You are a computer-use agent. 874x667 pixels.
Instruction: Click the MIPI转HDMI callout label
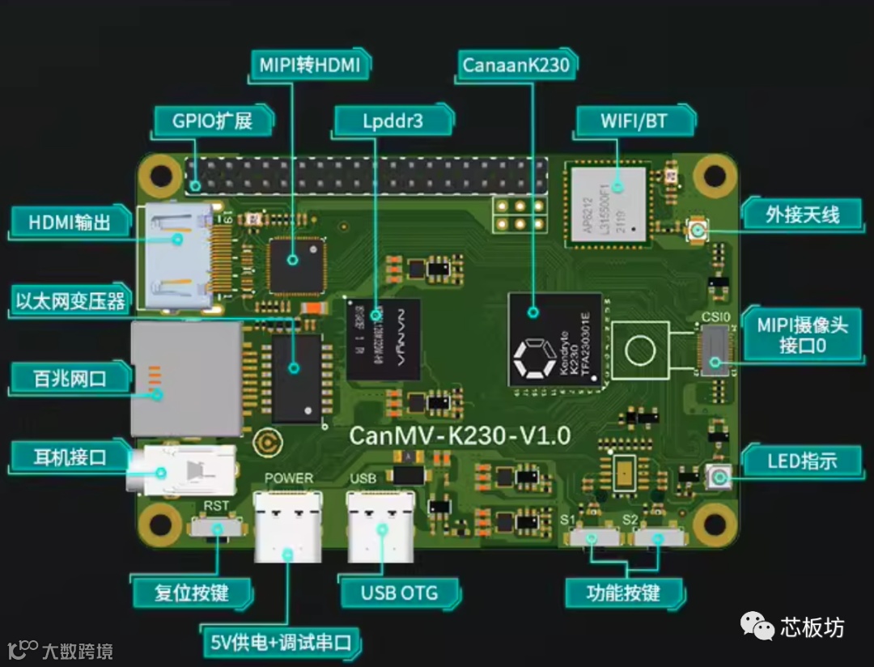tap(309, 65)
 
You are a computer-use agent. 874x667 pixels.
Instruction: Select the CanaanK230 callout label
tap(516, 66)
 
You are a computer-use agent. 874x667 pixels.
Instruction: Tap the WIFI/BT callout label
tap(634, 121)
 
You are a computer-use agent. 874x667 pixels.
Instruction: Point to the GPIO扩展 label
tap(212, 121)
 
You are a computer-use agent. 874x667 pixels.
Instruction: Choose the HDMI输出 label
tap(69, 221)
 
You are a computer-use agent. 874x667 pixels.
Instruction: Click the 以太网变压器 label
tap(70, 301)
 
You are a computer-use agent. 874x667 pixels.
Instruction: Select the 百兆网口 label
tap(69, 378)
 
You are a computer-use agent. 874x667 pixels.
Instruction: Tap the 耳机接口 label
tap(69, 457)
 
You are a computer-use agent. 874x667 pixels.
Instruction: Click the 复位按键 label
tap(192, 593)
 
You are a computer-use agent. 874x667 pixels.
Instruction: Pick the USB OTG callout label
tap(399, 593)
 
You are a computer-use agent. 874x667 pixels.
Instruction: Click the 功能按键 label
tap(623, 593)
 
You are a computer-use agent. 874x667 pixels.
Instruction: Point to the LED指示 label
tap(802, 461)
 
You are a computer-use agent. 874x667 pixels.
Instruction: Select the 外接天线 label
tap(803, 215)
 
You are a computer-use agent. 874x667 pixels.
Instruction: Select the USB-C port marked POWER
tap(287, 526)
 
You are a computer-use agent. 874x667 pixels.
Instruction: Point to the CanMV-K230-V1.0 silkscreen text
tap(460, 435)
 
